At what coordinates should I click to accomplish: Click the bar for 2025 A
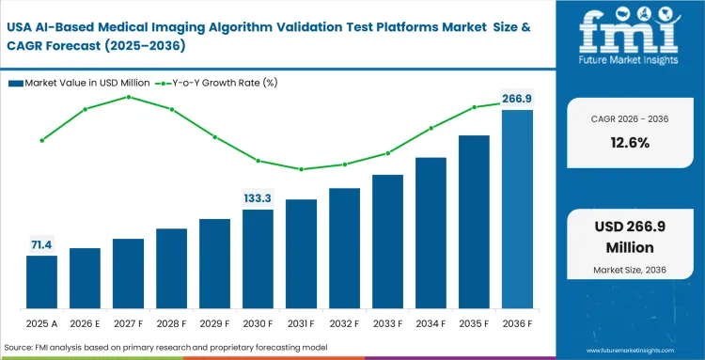click(41, 282)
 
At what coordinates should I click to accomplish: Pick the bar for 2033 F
click(387, 242)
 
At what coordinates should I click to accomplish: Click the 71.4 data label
click(41, 244)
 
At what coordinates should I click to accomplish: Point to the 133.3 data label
click(258, 197)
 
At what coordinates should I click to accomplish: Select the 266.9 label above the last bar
click(517, 98)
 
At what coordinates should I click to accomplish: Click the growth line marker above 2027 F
click(128, 97)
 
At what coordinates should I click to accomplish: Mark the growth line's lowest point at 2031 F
click(301, 169)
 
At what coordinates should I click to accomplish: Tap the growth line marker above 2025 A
click(41, 140)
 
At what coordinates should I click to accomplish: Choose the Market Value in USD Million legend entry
click(76, 83)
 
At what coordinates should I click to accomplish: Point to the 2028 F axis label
click(171, 322)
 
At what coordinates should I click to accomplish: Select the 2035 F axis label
click(474, 322)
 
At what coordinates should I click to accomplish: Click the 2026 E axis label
click(85, 322)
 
